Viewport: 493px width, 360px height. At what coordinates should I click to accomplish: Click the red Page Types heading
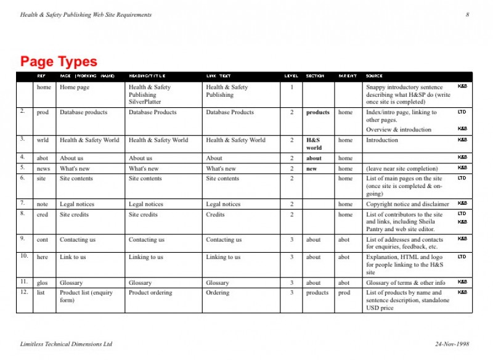(x=59, y=62)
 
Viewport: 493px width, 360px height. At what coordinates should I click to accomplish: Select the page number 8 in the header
(x=467, y=15)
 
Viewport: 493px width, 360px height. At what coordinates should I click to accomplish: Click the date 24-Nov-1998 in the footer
(x=452, y=343)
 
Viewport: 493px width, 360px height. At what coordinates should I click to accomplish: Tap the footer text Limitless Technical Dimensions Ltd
(x=67, y=343)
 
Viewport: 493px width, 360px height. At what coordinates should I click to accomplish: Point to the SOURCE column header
(x=374, y=76)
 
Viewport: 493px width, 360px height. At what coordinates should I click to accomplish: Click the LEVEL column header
(x=291, y=76)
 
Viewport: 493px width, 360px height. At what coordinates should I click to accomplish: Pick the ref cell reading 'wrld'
(x=43, y=140)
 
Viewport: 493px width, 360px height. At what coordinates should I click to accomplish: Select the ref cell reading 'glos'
(x=43, y=283)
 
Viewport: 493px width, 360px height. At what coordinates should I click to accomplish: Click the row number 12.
(x=23, y=292)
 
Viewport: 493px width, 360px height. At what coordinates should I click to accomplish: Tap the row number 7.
(x=22, y=203)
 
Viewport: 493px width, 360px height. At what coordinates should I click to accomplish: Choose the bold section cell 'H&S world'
(x=314, y=144)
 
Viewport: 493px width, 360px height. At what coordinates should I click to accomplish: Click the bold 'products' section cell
(x=317, y=112)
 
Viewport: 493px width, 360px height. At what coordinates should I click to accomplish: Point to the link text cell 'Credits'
(x=216, y=215)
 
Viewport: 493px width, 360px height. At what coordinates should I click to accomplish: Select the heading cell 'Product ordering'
(x=150, y=293)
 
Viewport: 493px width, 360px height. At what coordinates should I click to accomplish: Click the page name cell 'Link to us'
(x=73, y=257)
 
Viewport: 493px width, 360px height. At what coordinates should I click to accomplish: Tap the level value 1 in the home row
(x=291, y=87)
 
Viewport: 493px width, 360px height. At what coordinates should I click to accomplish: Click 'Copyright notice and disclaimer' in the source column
(x=407, y=204)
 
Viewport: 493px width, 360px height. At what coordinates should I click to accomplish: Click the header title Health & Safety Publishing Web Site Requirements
(x=86, y=15)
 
